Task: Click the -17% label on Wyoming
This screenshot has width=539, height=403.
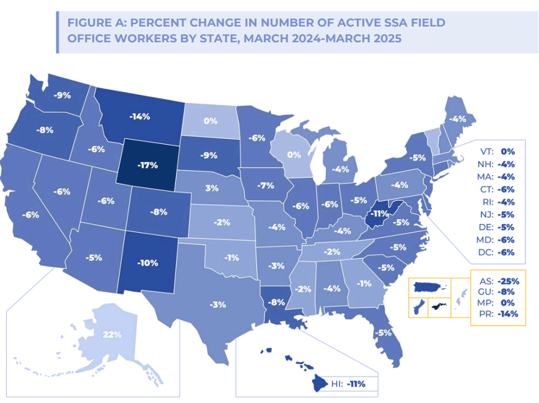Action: pyautogui.click(x=149, y=166)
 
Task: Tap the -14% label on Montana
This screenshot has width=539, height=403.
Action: pyautogui.click(x=139, y=116)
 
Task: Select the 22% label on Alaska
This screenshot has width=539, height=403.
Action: pyautogui.click(x=112, y=335)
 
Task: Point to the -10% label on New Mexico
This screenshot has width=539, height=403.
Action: pyautogui.click(x=147, y=263)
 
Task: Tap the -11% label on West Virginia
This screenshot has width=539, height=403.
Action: pyautogui.click(x=377, y=217)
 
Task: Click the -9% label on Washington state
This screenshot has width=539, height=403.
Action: pyautogui.click(x=63, y=95)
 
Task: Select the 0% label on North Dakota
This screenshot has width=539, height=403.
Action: pyautogui.click(x=211, y=122)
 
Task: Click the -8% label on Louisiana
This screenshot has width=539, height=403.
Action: pyautogui.click(x=276, y=303)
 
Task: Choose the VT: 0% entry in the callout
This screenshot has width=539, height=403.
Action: pyautogui.click(x=497, y=151)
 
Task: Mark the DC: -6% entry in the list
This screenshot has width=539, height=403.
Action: pyautogui.click(x=497, y=252)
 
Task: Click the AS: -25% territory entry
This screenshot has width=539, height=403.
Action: pyautogui.click(x=498, y=281)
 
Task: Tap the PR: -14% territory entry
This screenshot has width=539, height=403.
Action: pyautogui.click(x=498, y=314)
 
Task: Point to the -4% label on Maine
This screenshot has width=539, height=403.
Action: pyautogui.click(x=458, y=118)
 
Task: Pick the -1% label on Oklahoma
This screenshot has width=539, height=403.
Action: pyautogui.click(x=232, y=257)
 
